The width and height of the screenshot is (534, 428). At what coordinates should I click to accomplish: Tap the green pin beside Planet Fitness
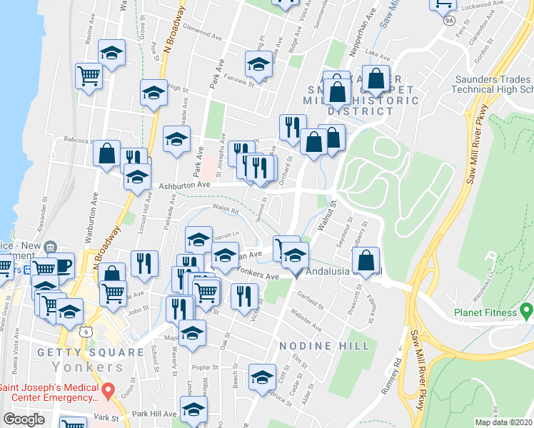[x=527, y=312]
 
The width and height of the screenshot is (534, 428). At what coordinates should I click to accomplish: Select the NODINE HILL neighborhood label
[x=324, y=346]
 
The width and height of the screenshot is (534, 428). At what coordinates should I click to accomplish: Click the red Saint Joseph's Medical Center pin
[x=108, y=391]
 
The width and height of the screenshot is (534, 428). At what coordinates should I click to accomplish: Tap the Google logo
[x=24, y=419]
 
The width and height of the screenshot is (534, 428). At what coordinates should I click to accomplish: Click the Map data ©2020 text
[x=503, y=422]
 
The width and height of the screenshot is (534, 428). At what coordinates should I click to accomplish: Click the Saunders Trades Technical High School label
[x=493, y=83]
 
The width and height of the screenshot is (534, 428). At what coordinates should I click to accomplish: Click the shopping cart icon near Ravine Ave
[x=89, y=75]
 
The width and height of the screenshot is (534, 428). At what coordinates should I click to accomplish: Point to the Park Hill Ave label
[x=153, y=414]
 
